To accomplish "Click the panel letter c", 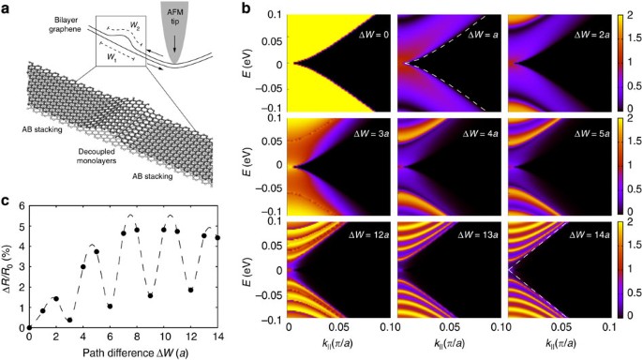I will tap(7, 199).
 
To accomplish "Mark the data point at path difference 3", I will tap(69, 320).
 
